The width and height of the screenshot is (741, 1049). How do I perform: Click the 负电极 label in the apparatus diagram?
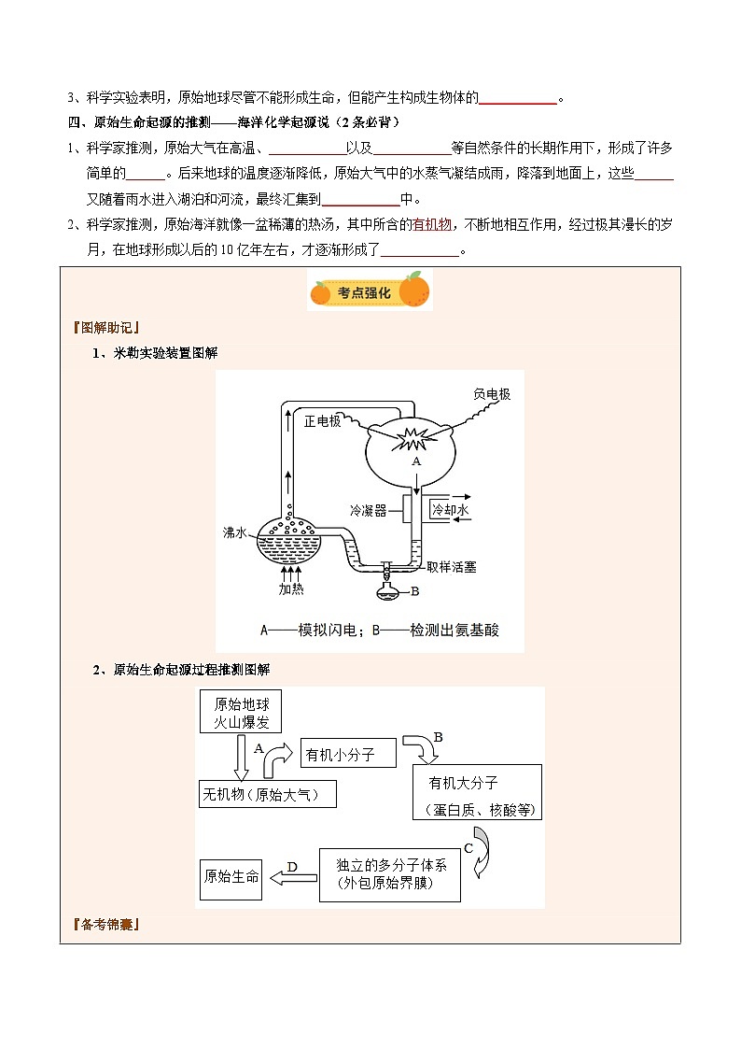click(492, 394)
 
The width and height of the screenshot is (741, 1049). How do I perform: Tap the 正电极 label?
click(324, 421)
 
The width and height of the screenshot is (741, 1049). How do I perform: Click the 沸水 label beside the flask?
click(234, 532)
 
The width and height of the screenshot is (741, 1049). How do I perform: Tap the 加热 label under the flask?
click(291, 588)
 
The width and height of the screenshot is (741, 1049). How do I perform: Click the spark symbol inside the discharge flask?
click(413, 436)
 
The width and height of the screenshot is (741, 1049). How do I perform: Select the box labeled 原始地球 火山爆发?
click(241, 713)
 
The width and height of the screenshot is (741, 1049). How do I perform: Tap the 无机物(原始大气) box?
click(267, 795)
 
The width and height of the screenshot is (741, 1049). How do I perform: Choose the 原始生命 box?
click(231, 877)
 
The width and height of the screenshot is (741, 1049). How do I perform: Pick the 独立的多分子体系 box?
click(390, 875)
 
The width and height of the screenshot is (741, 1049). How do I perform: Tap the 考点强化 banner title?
click(369, 291)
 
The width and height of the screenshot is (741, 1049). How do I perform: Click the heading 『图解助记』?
click(105, 327)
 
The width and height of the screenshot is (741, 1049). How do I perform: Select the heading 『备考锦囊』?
click(105, 926)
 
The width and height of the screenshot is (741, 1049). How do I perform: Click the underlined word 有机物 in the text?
click(432, 224)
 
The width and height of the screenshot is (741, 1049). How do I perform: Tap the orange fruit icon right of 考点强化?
click(415, 290)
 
